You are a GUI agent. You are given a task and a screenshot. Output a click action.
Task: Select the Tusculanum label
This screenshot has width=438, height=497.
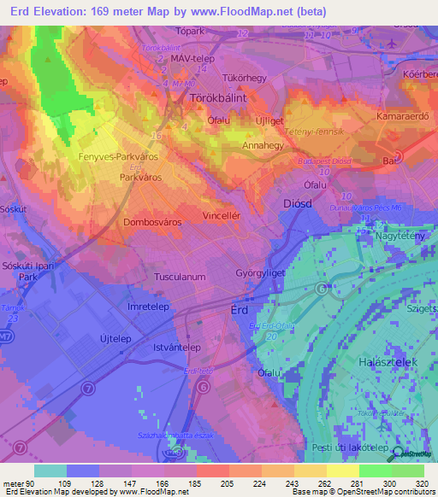pos(180,277)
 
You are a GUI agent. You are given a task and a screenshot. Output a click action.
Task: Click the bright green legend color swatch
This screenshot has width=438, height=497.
pos(376,471)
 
